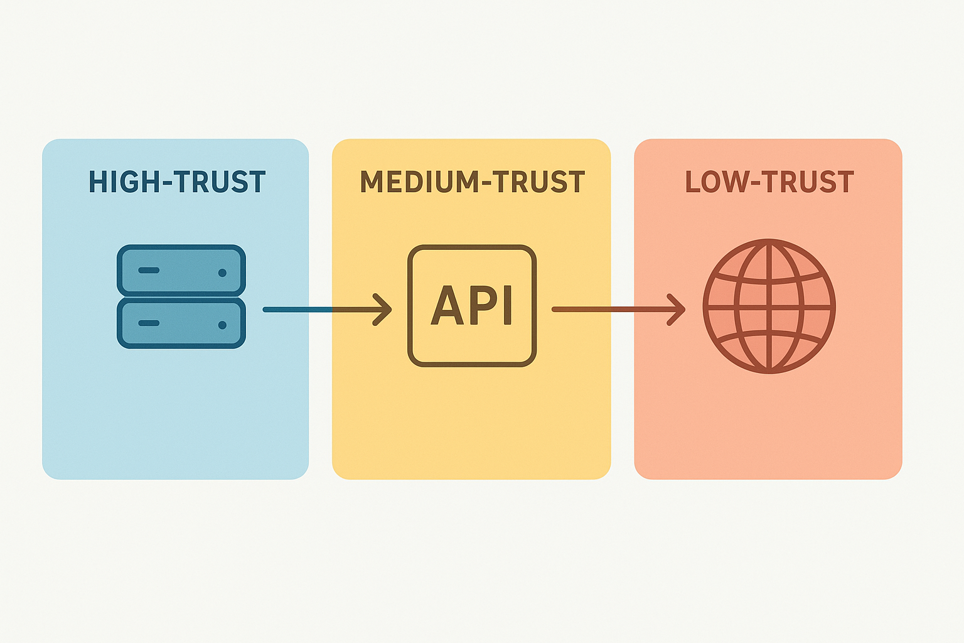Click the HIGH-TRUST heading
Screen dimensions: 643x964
pyautogui.click(x=177, y=182)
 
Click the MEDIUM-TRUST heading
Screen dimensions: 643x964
pyautogui.click(x=472, y=182)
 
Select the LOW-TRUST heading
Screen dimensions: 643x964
pyautogui.click(x=769, y=182)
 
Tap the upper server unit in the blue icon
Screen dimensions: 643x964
pyautogui.click(x=181, y=270)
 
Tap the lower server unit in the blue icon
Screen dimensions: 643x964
pyautogui.click(x=181, y=323)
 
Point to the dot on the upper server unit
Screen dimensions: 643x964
pyautogui.click(x=222, y=273)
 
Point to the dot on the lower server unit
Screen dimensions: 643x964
pyautogui.click(x=222, y=325)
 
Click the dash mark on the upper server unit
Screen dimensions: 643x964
pyautogui.click(x=149, y=270)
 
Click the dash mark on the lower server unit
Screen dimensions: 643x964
pyautogui.click(x=149, y=323)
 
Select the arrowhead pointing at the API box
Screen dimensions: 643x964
pyautogui.click(x=383, y=309)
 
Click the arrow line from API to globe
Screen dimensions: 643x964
pyautogui.click(x=609, y=309)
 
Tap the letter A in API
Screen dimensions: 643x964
pyautogui.click(x=446, y=306)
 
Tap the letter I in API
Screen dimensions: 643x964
pyautogui.click(x=507, y=306)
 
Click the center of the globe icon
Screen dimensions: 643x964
pyautogui.click(x=769, y=306)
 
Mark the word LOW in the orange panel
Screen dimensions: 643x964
pyautogui.click(x=716, y=182)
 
